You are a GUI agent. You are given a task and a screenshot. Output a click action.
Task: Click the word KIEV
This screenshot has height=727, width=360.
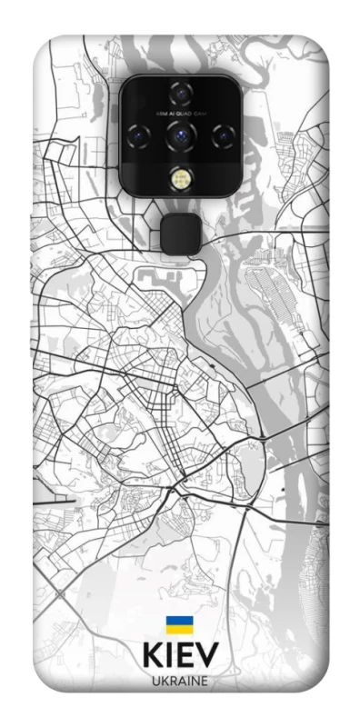(x=179, y=657)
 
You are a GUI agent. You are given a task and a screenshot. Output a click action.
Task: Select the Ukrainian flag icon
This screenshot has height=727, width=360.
(x=178, y=625)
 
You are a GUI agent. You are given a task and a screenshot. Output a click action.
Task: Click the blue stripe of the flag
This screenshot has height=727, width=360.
(x=178, y=621)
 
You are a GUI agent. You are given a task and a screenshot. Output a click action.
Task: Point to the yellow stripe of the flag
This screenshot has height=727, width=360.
(x=178, y=630)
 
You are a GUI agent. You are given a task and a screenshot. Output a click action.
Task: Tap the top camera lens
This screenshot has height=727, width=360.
(x=178, y=94)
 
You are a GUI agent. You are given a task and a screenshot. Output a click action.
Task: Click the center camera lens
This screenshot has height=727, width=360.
(x=178, y=136)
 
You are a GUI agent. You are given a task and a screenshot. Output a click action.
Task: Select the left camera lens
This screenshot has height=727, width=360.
(x=139, y=136)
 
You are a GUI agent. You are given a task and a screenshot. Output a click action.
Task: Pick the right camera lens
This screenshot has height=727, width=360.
(x=219, y=136)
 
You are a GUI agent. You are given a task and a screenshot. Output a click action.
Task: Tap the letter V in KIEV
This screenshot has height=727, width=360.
(x=207, y=657)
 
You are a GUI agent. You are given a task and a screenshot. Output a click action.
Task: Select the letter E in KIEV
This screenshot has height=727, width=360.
(x=185, y=657)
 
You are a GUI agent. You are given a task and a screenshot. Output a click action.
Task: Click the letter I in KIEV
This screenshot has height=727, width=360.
(x=169, y=657)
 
